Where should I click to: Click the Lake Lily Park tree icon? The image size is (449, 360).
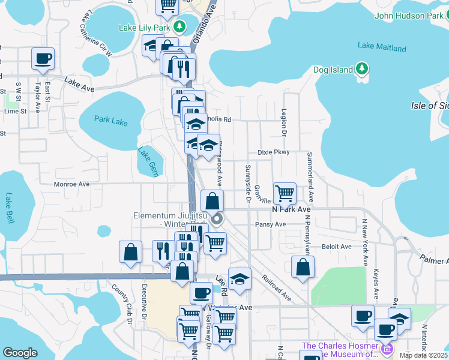(x=179, y=27)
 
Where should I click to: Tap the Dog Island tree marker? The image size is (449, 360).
(x=361, y=70)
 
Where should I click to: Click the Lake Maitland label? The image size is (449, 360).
(x=382, y=45)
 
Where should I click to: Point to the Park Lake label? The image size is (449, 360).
(x=111, y=121)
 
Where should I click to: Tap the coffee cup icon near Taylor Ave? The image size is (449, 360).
(x=43, y=59)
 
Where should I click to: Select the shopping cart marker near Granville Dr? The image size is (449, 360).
(x=285, y=194)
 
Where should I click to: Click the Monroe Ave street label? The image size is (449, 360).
(x=71, y=184)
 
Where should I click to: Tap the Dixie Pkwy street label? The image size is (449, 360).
(x=274, y=152)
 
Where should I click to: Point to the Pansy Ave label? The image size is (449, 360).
(x=270, y=224)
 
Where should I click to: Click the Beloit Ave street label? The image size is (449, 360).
(x=337, y=247)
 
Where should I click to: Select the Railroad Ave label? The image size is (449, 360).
(x=276, y=288)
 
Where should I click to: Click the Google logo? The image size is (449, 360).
(x=20, y=353)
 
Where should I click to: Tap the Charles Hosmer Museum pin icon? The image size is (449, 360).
(x=387, y=348)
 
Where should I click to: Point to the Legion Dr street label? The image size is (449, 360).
(x=284, y=122)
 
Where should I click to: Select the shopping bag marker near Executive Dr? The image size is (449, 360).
(x=130, y=253)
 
